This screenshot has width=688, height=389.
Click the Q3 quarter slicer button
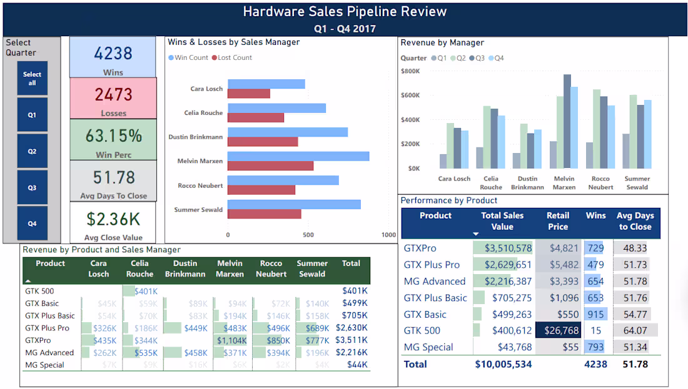click(x=32, y=187)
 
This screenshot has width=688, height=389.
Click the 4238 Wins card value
click(x=113, y=53)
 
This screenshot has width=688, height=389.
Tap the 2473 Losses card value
click(x=113, y=94)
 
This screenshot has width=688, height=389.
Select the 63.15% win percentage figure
click(x=113, y=135)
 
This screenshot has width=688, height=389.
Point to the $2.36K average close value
click(x=113, y=219)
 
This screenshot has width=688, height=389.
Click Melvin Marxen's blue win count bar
click(x=298, y=156)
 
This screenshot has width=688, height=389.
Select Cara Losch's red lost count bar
click(x=249, y=94)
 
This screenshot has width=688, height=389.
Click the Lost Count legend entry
click(x=232, y=57)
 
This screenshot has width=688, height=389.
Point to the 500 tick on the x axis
click(x=308, y=235)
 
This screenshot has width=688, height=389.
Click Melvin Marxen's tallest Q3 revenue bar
click(x=567, y=121)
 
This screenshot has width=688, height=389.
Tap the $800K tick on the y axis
click(x=410, y=71)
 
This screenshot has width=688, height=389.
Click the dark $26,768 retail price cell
click(x=558, y=330)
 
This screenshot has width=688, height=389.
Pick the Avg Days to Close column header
click(x=635, y=221)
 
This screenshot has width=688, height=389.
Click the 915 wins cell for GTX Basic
click(x=595, y=314)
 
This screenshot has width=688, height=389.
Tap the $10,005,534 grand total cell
click(x=503, y=364)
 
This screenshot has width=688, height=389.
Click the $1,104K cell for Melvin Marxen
click(x=231, y=340)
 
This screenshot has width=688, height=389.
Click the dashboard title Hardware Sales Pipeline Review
click(x=345, y=11)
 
